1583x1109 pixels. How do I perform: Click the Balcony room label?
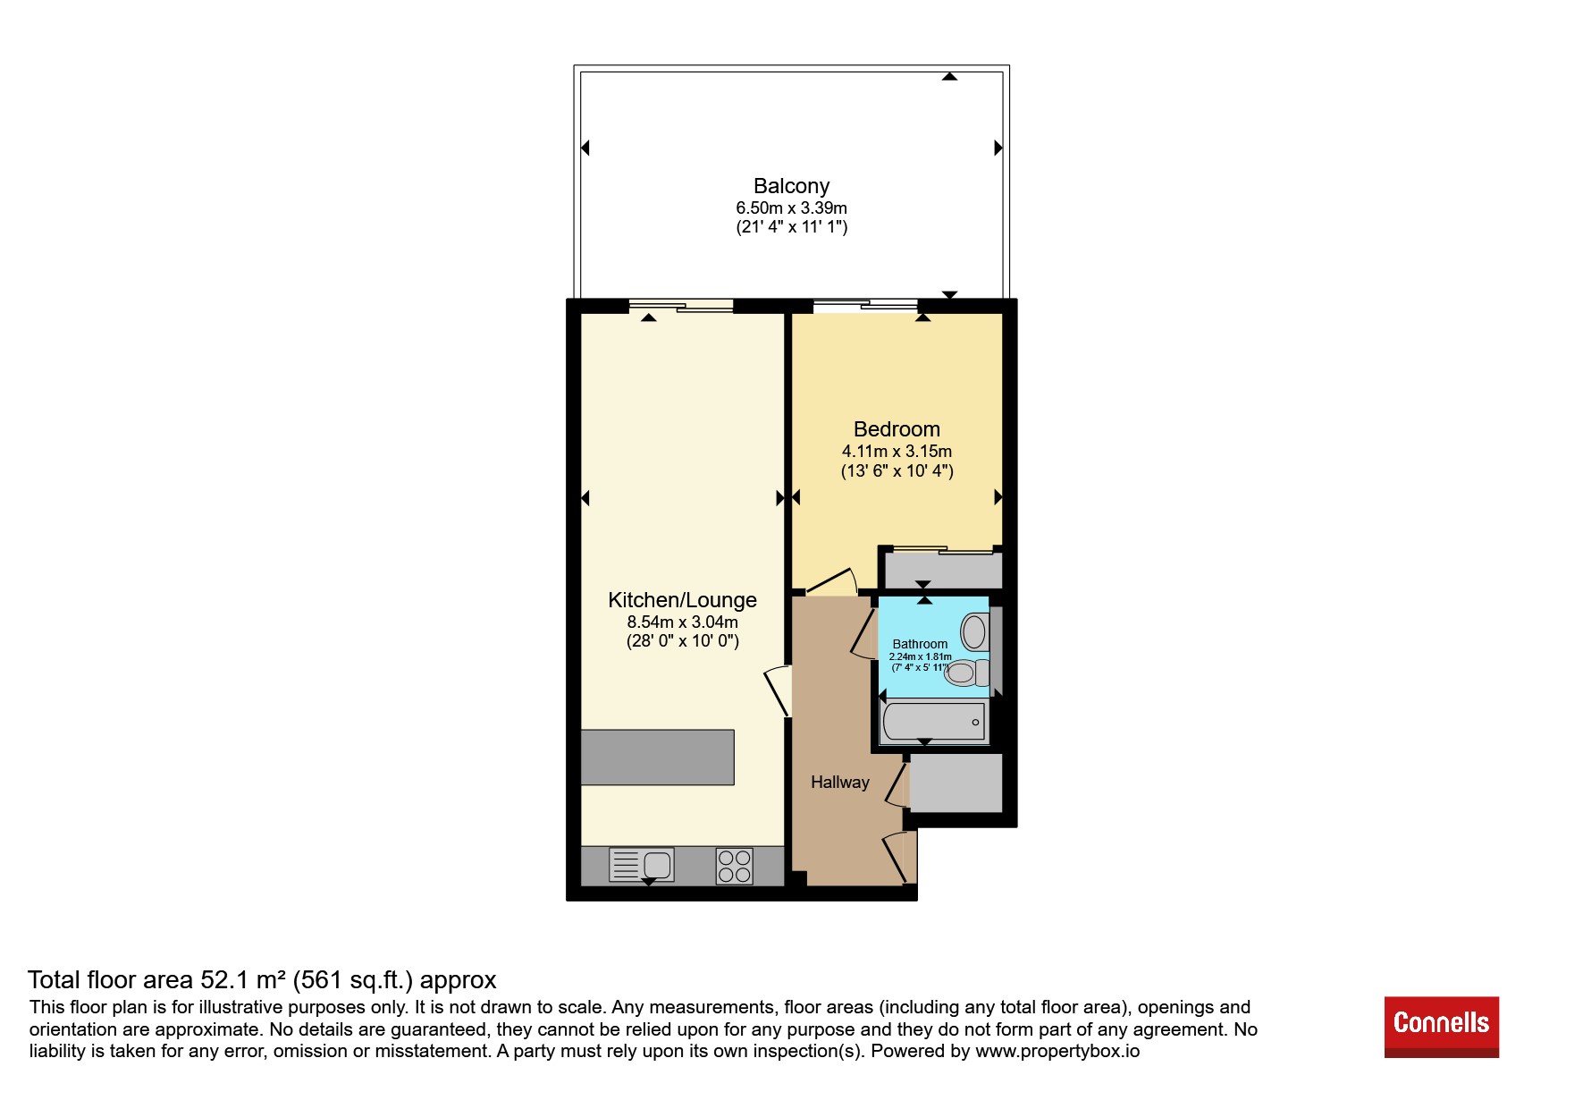point(791,186)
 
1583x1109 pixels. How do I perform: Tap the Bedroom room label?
point(897,429)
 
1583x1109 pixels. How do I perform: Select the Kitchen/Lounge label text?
point(682,600)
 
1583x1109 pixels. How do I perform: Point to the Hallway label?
point(840,783)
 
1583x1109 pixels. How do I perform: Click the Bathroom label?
point(920,644)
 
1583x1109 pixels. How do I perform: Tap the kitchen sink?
point(642,865)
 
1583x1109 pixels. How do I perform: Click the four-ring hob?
point(734,866)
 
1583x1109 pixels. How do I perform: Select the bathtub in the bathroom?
point(934,722)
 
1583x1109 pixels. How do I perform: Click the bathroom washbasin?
point(973,632)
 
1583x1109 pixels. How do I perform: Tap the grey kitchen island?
point(657,758)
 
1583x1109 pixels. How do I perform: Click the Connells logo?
point(1441,1027)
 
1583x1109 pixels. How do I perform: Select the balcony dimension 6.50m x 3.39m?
point(791,207)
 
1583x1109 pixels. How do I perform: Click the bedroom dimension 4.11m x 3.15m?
point(897,452)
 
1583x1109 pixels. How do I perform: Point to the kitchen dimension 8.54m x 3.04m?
point(682,622)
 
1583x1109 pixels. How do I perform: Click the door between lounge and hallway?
point(778,691)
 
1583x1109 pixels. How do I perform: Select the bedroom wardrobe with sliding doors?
point(943,570)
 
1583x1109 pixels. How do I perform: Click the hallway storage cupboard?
point(956,783)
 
